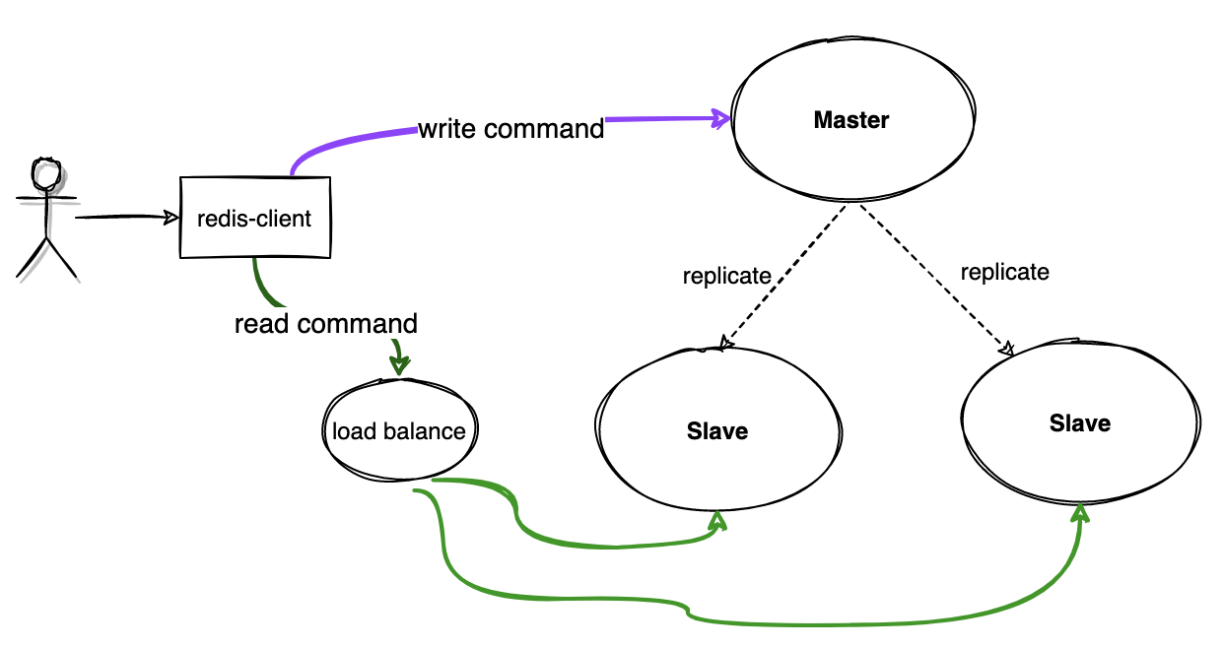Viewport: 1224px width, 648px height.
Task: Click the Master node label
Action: (851, 121)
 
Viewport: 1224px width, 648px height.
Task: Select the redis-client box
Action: (254, 218)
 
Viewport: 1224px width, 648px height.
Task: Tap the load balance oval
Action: (398, 431)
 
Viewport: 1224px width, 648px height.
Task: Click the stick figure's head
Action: (45, 174)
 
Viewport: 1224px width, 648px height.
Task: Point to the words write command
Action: (510, 129)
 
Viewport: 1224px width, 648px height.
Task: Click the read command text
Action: (325, 324)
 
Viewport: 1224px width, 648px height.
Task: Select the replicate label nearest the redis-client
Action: (726, 277)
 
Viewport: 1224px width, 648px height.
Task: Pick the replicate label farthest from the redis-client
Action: (1004, 272)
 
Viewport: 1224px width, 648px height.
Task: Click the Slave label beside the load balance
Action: (716, 431)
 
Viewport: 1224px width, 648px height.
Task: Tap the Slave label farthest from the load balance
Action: (1079, 423)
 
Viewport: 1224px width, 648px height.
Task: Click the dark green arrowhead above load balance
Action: (399, 365)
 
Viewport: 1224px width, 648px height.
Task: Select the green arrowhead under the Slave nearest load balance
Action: (718, 521)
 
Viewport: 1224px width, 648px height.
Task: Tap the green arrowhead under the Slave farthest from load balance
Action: (1081, 514)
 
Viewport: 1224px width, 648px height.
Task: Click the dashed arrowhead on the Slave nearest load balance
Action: (725, 343)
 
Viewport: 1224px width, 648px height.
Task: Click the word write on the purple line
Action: (448, 129)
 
